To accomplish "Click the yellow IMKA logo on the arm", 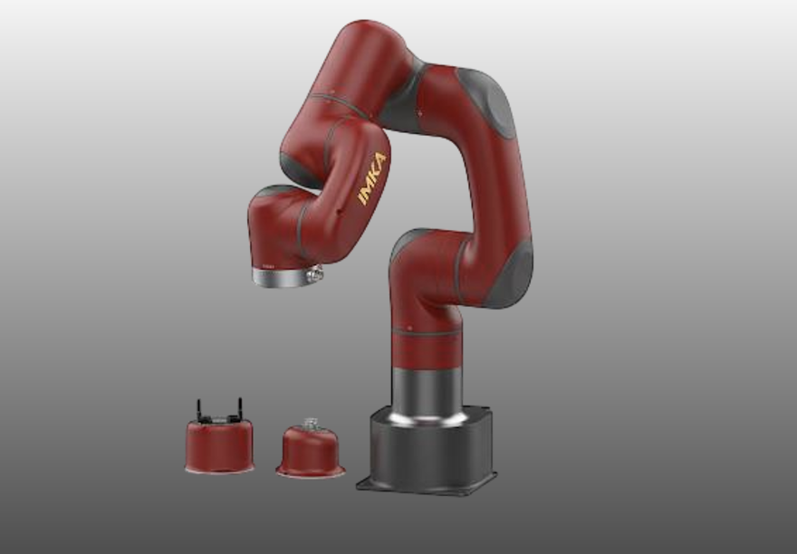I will pyautogui.click(x=372, y=178).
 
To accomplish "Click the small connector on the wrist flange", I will pyautogui.click(x=315, y=272).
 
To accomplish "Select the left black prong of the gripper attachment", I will pyautogui.click(x=199, y=408).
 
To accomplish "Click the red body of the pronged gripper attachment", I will pyautogui.click(x=219, y=444).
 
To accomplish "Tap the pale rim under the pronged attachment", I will pyautogui.click(x=219, y=467).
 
